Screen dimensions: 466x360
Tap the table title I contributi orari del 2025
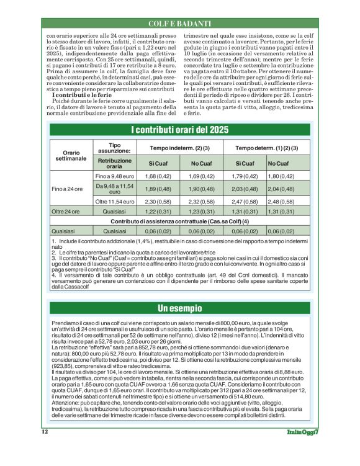tap(180, 130)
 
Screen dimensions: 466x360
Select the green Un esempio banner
tap(180, 308)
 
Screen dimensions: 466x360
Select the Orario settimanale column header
tap(71, 156)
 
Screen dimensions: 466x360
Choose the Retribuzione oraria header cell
tap(114, 163)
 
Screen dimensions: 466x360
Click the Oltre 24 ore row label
tap(66, 212)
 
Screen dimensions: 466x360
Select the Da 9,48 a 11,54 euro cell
tap(114, 188)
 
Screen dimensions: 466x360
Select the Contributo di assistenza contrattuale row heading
tap(180, 221)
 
